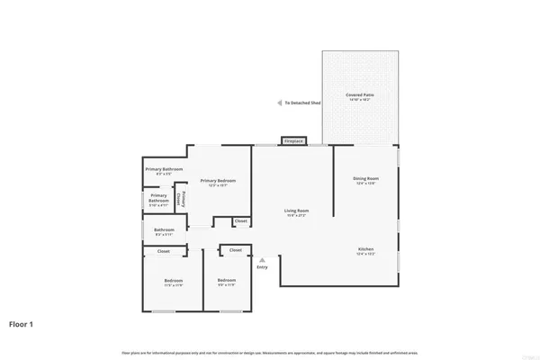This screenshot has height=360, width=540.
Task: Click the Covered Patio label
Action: point(360,94)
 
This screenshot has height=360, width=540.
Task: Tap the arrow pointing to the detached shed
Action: point(279,103)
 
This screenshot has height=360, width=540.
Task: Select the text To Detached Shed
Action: point(302,103)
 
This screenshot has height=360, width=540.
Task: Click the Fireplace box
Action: point(293,141)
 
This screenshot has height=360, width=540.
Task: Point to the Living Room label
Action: point(296,211)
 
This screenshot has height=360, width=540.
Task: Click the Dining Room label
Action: point(365,178)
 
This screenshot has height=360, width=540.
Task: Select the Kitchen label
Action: point(365,248)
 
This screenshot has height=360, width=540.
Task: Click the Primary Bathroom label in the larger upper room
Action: point(165,169)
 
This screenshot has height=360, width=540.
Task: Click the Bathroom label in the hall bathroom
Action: point(164,229)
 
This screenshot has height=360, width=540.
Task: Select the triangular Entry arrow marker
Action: point(262,260)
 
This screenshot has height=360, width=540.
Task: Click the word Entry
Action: point(262,267)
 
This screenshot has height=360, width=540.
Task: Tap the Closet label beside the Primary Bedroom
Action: point(240,221)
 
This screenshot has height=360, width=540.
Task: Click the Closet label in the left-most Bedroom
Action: point(164,251)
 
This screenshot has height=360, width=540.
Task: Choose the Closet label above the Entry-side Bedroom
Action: point(235,250)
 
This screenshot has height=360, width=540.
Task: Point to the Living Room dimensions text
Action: point(296,216)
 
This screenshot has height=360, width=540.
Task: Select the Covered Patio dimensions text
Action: point(360,100)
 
